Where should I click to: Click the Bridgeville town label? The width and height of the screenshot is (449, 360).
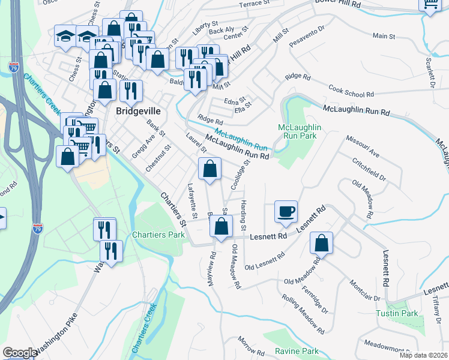coord(140,111)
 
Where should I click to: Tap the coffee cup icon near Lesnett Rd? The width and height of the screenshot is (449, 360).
coord(286,211)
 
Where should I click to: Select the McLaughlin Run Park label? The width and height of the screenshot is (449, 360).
coord(300,133)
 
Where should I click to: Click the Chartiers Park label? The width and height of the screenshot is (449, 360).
coord(158,235)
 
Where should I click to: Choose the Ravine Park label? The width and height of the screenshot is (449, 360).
coord(297,351)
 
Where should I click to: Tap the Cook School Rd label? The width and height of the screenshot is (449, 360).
coord(351,91)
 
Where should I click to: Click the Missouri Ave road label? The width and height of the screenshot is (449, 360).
coord(363,146)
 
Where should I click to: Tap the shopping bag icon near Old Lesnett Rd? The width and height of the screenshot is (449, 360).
coord(322,243)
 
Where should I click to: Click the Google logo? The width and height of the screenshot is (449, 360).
coord(19,353)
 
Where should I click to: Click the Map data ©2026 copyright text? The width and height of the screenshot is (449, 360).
coord(423,356)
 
